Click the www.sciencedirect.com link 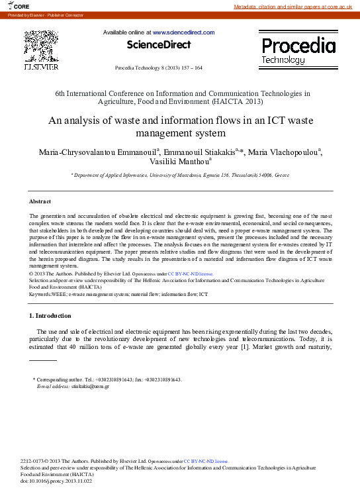[183, 32]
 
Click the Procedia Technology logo [298, 50]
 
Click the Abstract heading [40, 201]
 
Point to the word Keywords [41, 293]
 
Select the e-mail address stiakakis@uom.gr [90, 386]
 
